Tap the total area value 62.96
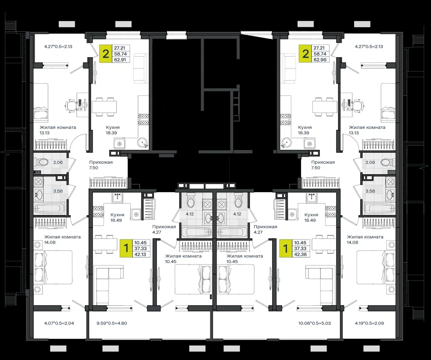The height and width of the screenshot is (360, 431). (320, 59)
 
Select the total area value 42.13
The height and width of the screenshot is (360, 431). (140, 254)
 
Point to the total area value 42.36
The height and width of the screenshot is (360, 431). (300, 254)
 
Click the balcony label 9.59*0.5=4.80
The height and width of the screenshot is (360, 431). (112, 323)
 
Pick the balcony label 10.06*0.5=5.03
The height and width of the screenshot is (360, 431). (315, 323)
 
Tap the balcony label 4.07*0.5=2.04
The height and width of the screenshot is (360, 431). (59, 323)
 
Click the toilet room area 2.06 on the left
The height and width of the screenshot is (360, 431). (58, 162)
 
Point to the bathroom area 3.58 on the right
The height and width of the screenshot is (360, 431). (370, 191)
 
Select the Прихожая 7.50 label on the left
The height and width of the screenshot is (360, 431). (100, 165)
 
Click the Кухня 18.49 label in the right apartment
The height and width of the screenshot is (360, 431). (311, 218)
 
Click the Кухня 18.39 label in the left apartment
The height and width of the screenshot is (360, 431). (113, 130)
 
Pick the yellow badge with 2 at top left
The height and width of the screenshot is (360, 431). (105, 53)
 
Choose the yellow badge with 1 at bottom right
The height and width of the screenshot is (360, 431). (286, 248)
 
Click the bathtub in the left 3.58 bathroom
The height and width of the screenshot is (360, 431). (49, 208)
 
